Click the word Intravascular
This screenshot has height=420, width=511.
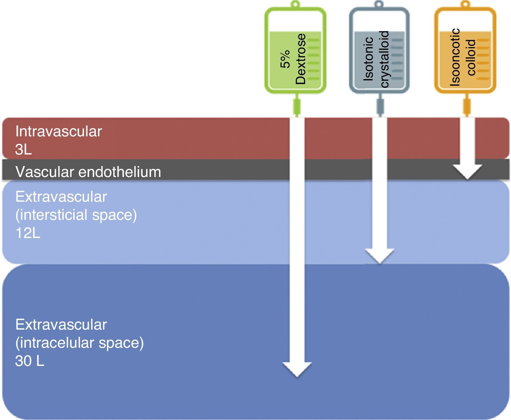[59, 132]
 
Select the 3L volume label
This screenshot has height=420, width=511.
[23, 150]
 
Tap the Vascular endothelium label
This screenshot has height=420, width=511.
[88, 172]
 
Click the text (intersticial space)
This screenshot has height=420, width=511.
[76, 215]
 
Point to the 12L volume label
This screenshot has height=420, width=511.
[28, 233]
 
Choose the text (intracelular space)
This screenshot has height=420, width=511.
[79, 343]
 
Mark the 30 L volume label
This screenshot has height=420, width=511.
[29, 361]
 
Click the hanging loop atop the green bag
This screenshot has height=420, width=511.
[296, 4]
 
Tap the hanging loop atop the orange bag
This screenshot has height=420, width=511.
[466, 4]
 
